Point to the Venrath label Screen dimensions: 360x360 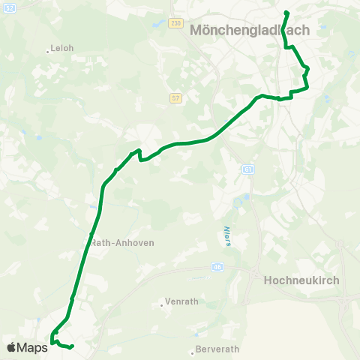(x=182, y=301)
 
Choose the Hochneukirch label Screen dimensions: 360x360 (x=302, y=280)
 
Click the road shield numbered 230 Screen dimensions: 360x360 (x=175, y=23)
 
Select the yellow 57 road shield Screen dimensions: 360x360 (x=175, y=97)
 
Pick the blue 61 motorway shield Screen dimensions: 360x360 (x=248, y=169)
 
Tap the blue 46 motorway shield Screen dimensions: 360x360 (x=217, y=266)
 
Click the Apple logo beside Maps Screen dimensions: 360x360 (x=11, y=347)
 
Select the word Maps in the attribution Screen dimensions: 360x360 (x=32, y=347)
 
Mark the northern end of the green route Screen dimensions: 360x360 (x=286, y=12)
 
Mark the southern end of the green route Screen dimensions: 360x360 (x=71, y=346)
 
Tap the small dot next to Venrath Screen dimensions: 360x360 (x=162, y=304)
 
